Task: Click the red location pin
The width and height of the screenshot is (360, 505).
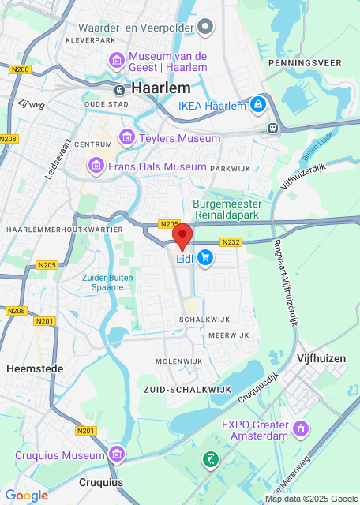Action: [x=182, y=235]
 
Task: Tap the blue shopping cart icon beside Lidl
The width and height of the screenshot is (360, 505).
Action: [x=205, y=257]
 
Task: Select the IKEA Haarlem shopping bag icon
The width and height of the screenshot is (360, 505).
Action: [x=257, y=104]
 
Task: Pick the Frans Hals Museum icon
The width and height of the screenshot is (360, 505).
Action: [x=96, y=166]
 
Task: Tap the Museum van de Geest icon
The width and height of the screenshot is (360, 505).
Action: [x=116, y=60]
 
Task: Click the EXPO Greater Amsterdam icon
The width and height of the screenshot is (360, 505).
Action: [x=300, y=428]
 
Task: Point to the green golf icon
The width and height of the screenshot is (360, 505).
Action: [x=209, y=458]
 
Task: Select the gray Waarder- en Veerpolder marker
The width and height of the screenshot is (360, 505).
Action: [x=205, y=28]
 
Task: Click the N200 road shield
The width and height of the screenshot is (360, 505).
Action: [x=21, y=70]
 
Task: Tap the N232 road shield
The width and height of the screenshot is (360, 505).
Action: [x=231, y=242]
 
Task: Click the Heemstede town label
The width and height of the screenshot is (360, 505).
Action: [x=28, y=368]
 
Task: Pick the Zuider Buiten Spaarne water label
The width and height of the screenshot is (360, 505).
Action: [x=103, y=282]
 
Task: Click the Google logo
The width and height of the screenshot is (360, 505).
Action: [x=26, y=496]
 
